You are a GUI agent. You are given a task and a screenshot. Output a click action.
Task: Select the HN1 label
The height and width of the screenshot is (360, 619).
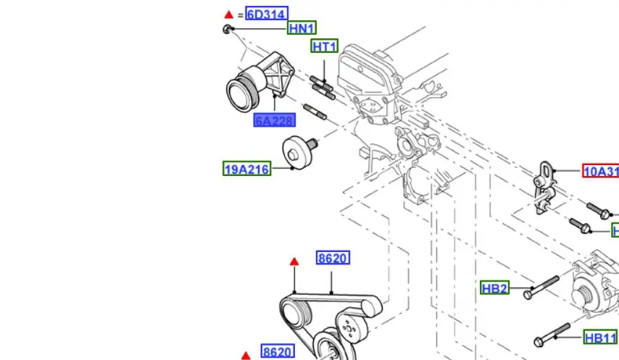tap(302, 28)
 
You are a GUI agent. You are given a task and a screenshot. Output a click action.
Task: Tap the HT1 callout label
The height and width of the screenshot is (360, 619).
tap(325, 46)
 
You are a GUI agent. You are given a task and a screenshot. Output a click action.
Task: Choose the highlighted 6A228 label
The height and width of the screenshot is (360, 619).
tap(274, 121)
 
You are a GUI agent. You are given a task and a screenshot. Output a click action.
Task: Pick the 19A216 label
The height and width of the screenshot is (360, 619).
tap(246, 169)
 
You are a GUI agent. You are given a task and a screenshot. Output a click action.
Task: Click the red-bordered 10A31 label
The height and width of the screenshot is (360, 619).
tap(600, 172)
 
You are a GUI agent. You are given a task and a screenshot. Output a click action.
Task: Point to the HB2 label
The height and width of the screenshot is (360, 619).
tap(494, 288)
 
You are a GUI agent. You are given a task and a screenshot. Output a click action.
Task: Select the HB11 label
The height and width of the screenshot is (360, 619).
tap(600, 338)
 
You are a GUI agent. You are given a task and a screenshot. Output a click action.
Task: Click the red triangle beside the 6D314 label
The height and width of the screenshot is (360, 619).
tap(229, 14)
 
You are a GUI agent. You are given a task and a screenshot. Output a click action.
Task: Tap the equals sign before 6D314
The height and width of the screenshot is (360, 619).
tap(241, 14)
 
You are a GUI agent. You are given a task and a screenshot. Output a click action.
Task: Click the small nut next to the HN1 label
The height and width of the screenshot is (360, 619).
tap(228, 29)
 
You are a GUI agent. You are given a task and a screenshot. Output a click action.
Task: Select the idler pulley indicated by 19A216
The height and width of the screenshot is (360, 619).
tap(294, 150)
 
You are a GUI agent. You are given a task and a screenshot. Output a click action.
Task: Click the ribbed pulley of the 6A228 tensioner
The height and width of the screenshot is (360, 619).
tap(240, 93)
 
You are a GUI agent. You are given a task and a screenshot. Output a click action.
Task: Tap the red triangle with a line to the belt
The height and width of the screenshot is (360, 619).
tap(294, 261)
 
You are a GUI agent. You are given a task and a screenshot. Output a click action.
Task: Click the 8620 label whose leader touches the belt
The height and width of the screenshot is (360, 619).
tap(333, 258)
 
